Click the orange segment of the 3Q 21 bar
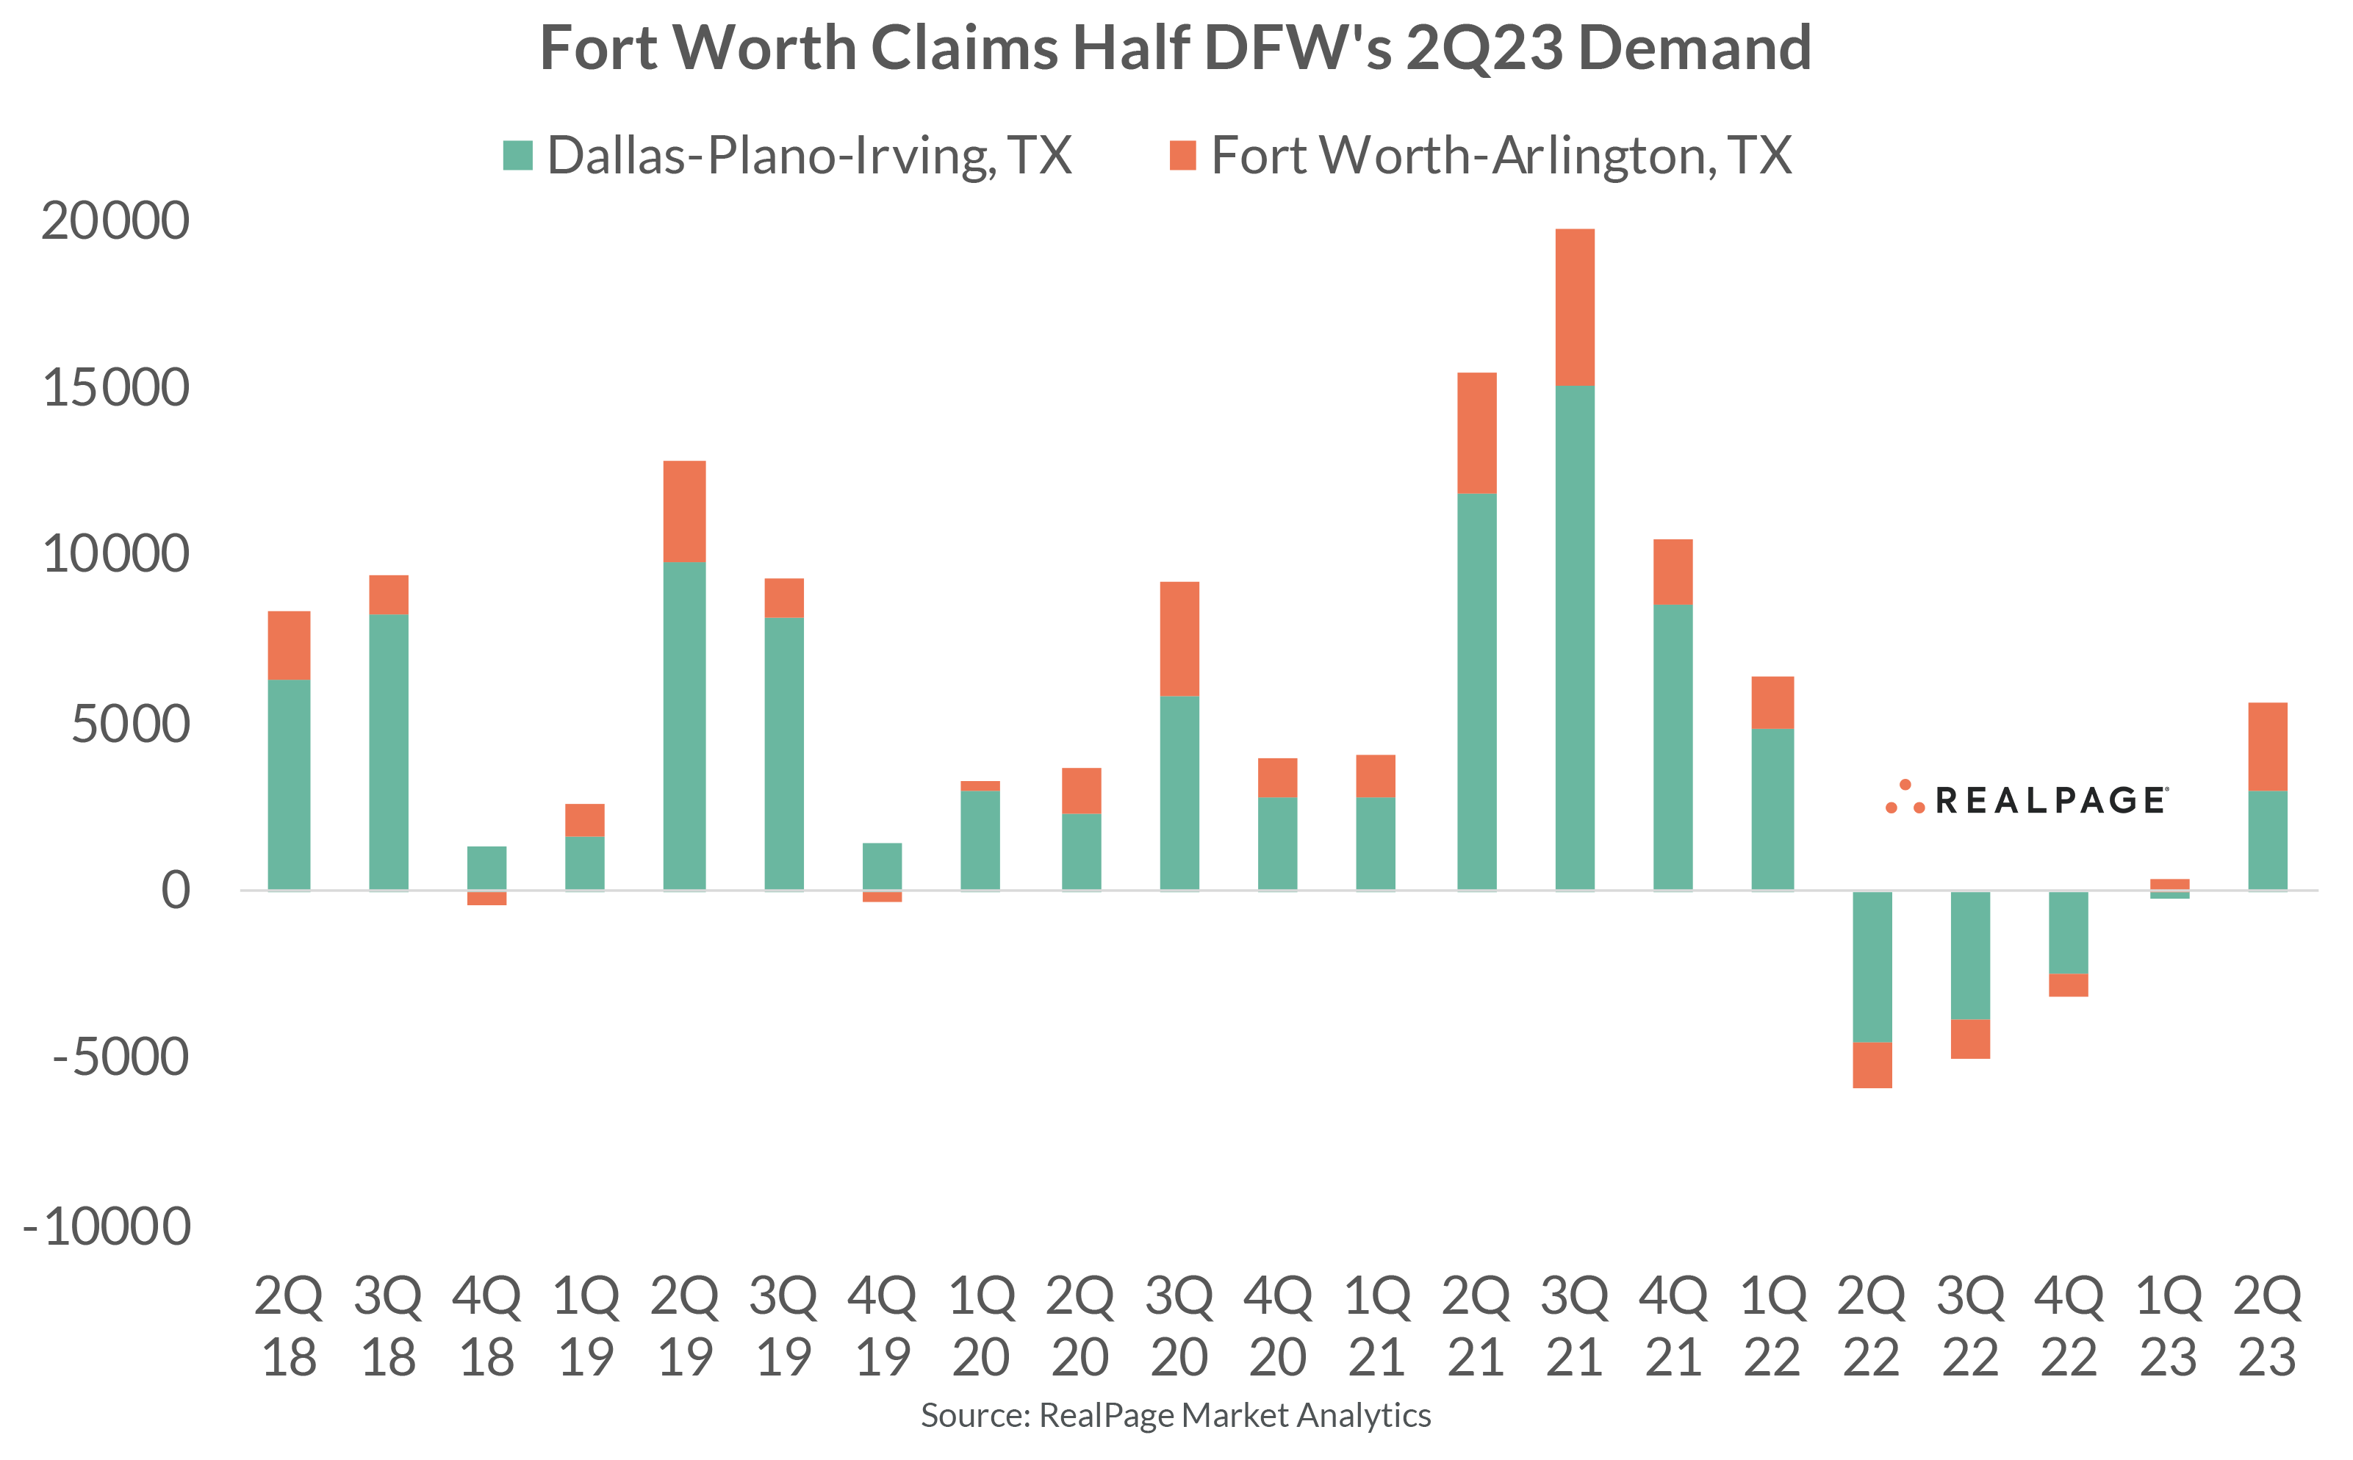1575,307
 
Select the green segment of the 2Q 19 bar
685,724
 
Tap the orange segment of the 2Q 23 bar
2267,747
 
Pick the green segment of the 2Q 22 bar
1871,965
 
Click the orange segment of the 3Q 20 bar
1179,639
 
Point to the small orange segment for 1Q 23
2169,883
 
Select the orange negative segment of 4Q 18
486,898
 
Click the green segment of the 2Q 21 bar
1476,691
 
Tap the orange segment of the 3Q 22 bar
1969,1039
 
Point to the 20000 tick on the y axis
115,221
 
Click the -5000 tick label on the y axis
121,1057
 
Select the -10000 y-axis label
107,1226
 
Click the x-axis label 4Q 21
1673,1326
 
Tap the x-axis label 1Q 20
981,1326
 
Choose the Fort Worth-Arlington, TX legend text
1501,156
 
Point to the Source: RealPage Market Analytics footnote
1175,1414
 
